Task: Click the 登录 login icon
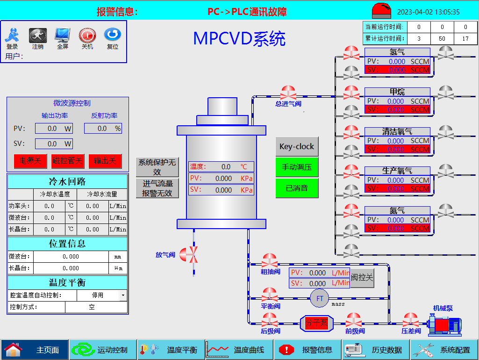pos(12,35)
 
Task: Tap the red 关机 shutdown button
pos(87,35)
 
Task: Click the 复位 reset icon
pos(113,35)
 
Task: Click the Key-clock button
pos(297,146)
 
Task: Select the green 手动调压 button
pos(297,167)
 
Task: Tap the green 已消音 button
pos(297,188)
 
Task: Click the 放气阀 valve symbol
pos(189,254)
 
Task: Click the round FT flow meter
pos(320,299)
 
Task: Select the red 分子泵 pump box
pos(316,323)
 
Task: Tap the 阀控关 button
pos(362,278)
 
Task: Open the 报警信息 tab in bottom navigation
pos(308,350)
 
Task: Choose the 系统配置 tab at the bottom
pos(444,350)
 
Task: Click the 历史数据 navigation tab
pos(376,350)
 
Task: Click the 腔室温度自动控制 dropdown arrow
pos(123,295)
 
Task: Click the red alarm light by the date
pos(381,10)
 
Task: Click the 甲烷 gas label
pos(397,92)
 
